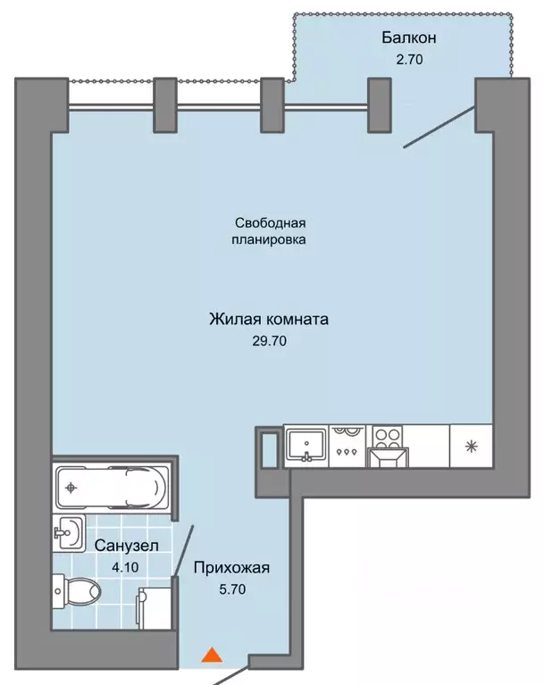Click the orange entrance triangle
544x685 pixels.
pos(211,656)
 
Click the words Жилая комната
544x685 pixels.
pos(270,319)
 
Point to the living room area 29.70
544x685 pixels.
pos(270,340)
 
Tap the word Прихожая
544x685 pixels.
pos(231,567)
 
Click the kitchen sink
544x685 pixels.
pos(306,444)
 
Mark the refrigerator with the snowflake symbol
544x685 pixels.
pos(471,444)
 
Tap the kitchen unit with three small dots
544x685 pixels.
pos(347,444)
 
